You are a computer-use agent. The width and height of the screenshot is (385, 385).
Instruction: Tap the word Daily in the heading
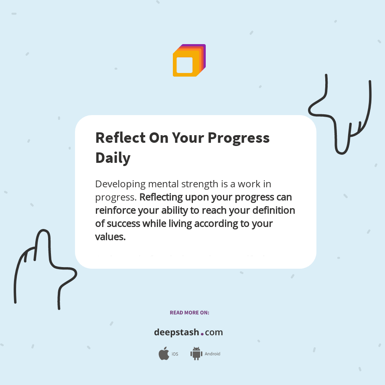point(113,158)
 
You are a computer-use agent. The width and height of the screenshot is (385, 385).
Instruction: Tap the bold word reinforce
point(115,210)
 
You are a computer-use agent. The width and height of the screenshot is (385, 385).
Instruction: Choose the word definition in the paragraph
point(273,210)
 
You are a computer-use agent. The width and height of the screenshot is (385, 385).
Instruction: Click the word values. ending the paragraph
point(110,237)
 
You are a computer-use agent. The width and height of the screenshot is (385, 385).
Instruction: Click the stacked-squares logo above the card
point(189,61)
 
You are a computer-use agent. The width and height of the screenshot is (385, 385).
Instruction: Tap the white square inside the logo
point(185,65)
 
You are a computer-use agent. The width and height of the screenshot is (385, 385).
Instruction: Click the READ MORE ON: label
point(189,313)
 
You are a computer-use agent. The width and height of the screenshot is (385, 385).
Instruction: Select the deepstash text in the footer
point(176,332)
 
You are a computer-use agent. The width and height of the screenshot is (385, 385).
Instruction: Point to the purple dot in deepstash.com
point(202,334)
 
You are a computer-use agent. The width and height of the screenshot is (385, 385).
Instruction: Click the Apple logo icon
point(164,354)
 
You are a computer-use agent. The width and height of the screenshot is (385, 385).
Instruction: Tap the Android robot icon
point(196,354)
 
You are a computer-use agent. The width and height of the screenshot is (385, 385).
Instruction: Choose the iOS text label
point(175,354)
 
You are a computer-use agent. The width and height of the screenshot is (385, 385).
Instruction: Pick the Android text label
point(213,354)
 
